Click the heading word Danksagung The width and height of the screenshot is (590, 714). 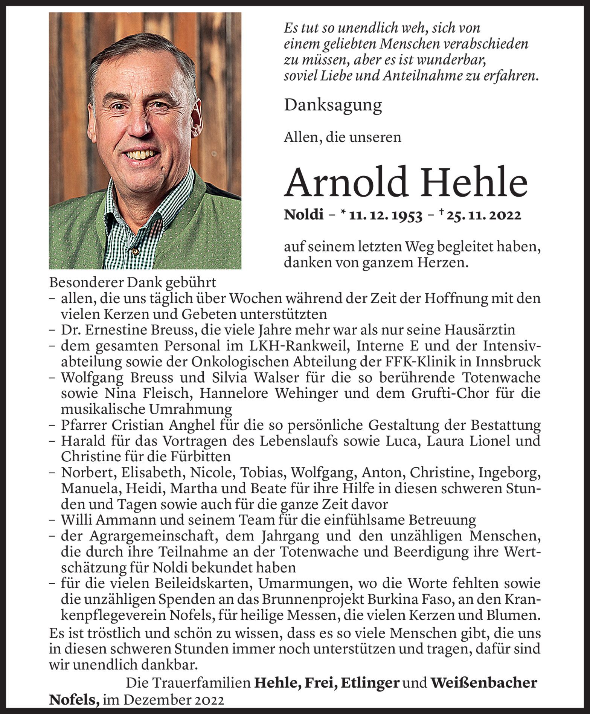(x=333, y=105)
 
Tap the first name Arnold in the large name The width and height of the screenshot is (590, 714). (x=346, y=182)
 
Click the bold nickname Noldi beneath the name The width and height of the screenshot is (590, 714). (x=303, y=215)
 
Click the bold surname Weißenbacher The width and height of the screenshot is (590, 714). (x=484, y=683)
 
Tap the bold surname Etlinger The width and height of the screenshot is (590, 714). (x=369, y=683)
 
